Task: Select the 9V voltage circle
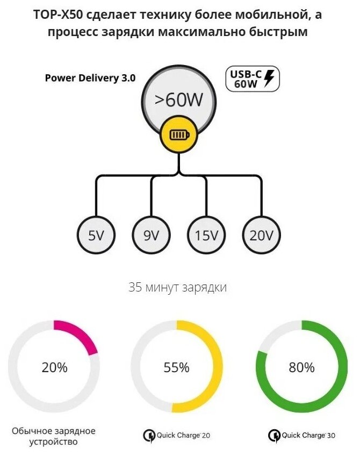point(152,236)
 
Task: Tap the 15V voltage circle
point(206,236)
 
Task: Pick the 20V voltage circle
point(262,236)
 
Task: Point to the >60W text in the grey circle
point(178,99)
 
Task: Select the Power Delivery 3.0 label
point(90,77)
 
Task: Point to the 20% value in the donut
point(55,368)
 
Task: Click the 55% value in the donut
point(176,368)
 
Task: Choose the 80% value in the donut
point(301,368)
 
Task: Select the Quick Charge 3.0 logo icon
point(274,435)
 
